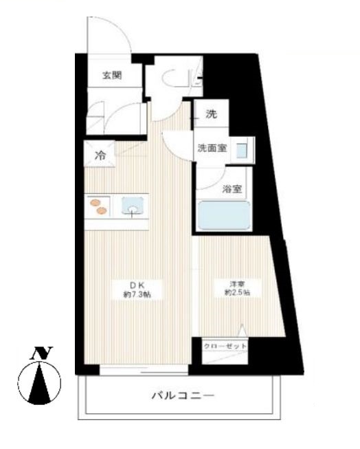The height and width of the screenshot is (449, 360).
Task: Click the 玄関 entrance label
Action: pos(113,76)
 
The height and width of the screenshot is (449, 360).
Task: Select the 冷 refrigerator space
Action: pos(100,155)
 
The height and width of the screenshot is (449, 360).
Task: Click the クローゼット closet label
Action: pos(224,346)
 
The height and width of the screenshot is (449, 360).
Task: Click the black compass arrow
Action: pos(46,382)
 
